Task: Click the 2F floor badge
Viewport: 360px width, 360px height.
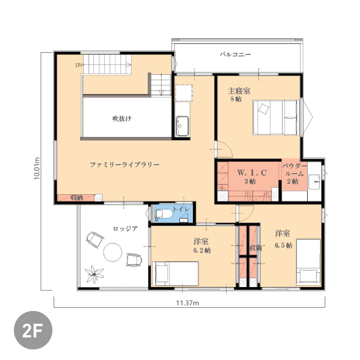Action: coord(33,330)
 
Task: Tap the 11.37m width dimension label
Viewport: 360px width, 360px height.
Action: coord(187,303)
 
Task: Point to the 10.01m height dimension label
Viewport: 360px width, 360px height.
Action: coord(37,168)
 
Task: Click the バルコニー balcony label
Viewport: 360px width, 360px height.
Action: coord(235,54)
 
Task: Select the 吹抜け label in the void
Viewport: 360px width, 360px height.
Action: coord(122,119)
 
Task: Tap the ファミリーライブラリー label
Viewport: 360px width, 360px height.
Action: coord(124,165)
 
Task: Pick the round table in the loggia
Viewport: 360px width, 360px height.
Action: coord(112,252)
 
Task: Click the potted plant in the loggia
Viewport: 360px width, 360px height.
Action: coord(94,274)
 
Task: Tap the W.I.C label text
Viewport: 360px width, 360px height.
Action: coord(252,173)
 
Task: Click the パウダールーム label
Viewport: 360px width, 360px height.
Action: coord(294,169)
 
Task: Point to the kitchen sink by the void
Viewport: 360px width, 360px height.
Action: coord(182,126)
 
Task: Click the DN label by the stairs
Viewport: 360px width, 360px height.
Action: coord(79,65)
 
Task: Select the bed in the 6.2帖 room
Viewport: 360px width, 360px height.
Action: coord(175,274)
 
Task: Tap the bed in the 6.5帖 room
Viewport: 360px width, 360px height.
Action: coord(308,262)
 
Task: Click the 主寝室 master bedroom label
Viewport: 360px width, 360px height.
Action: coord(239,91)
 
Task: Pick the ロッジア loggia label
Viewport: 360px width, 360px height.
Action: coord(125,228)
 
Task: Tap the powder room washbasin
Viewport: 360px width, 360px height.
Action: coord(314,182)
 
